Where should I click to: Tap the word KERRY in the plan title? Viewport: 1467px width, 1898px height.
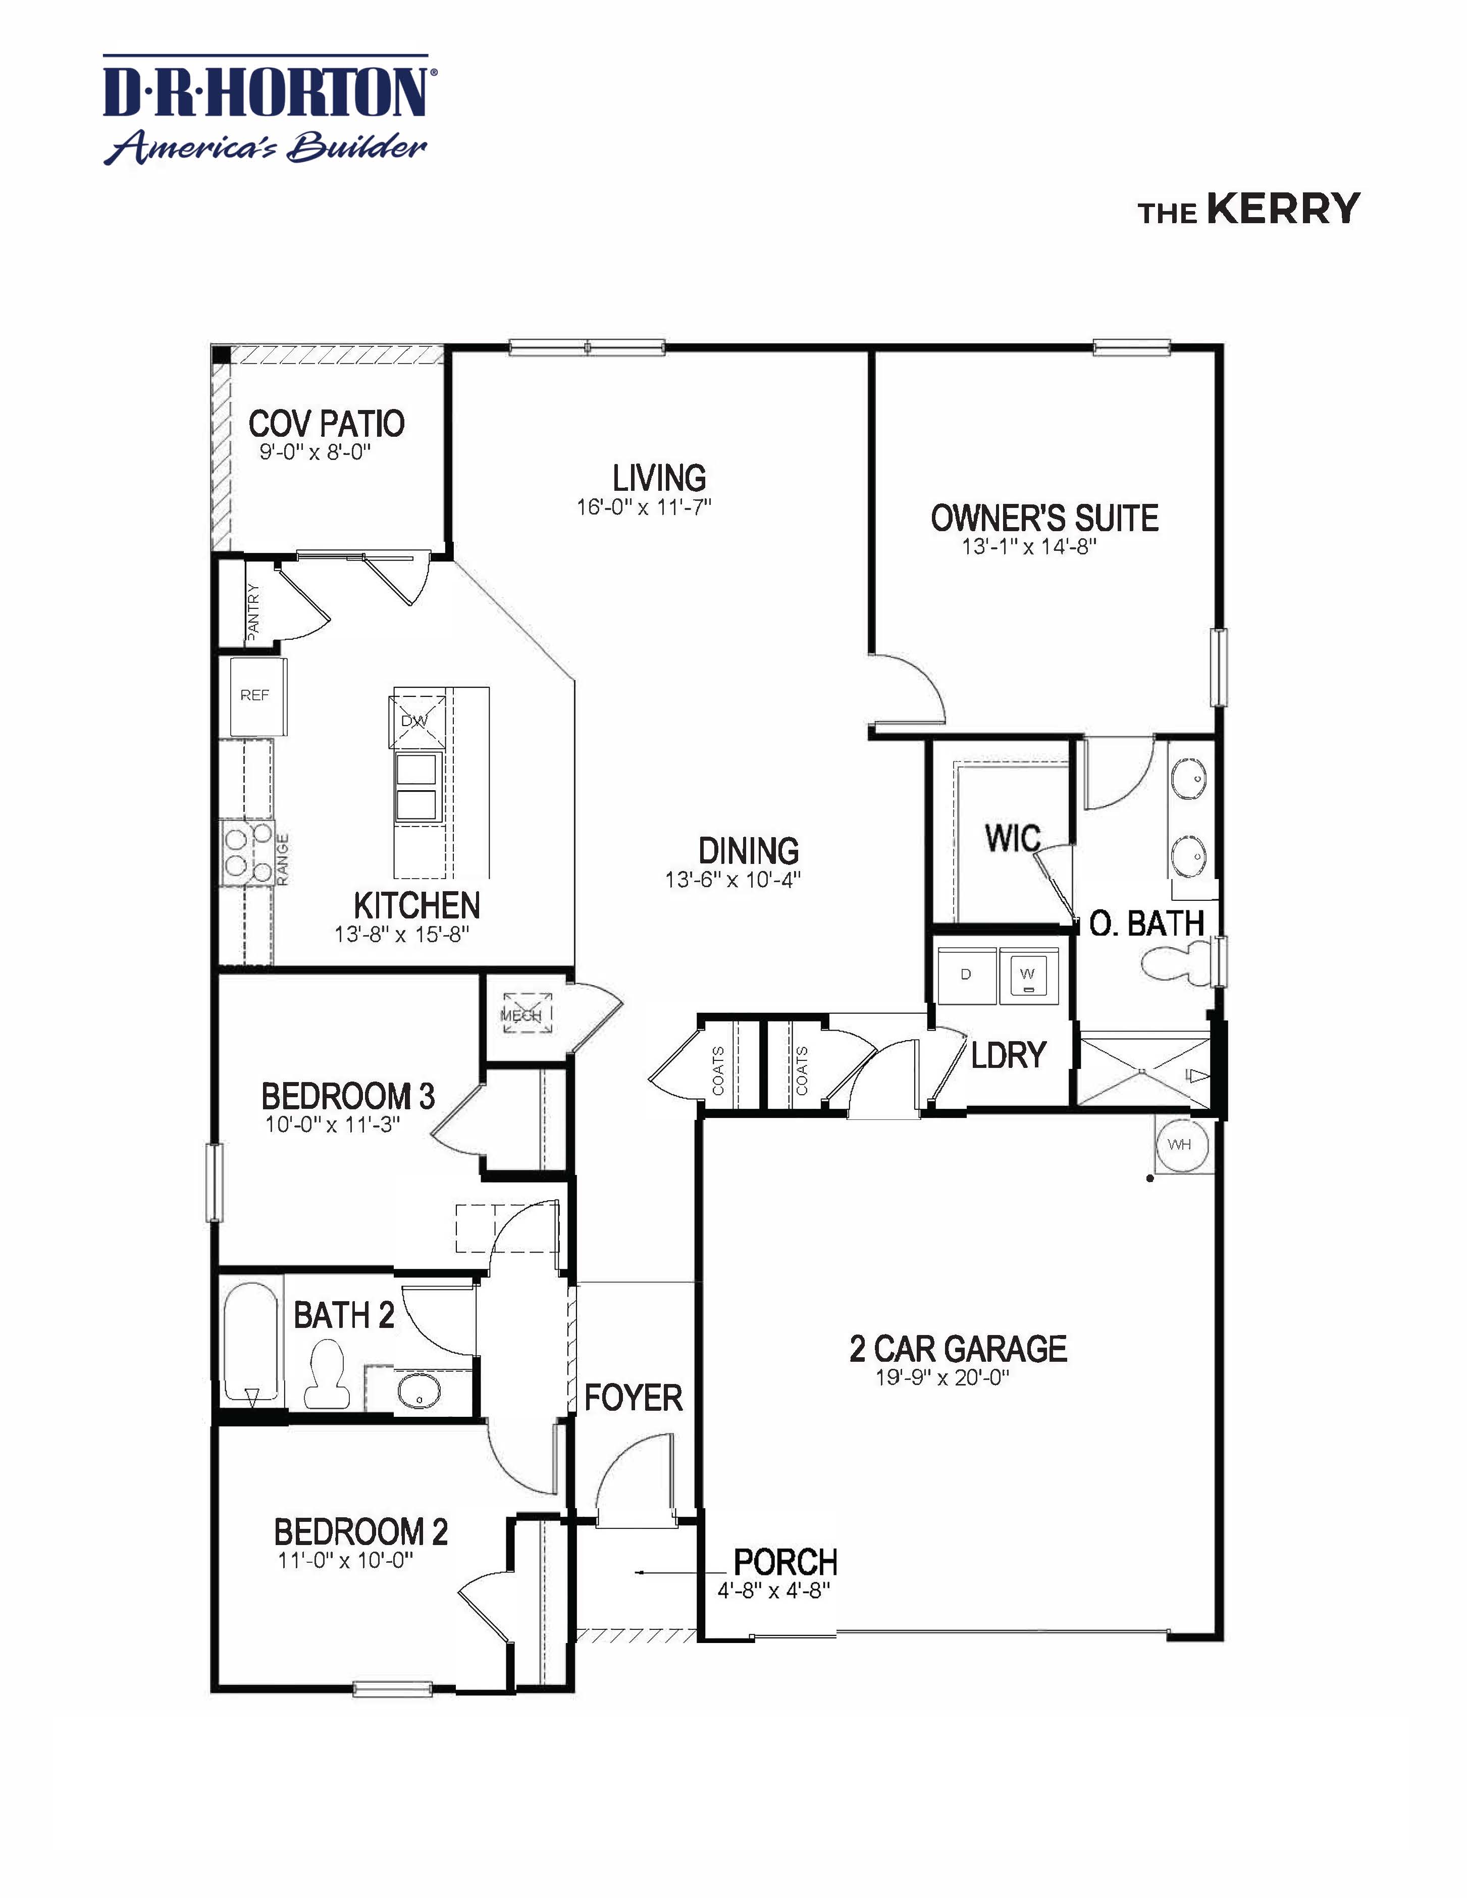tap(1283, 210)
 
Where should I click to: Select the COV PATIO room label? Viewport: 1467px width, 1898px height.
tap(327, 424)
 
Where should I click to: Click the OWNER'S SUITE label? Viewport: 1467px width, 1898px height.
tap(1044, 519)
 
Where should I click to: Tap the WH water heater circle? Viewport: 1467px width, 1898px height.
tap(1180, 1145)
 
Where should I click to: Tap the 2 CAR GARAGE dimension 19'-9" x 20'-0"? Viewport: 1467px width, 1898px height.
tap(942, 1377)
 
